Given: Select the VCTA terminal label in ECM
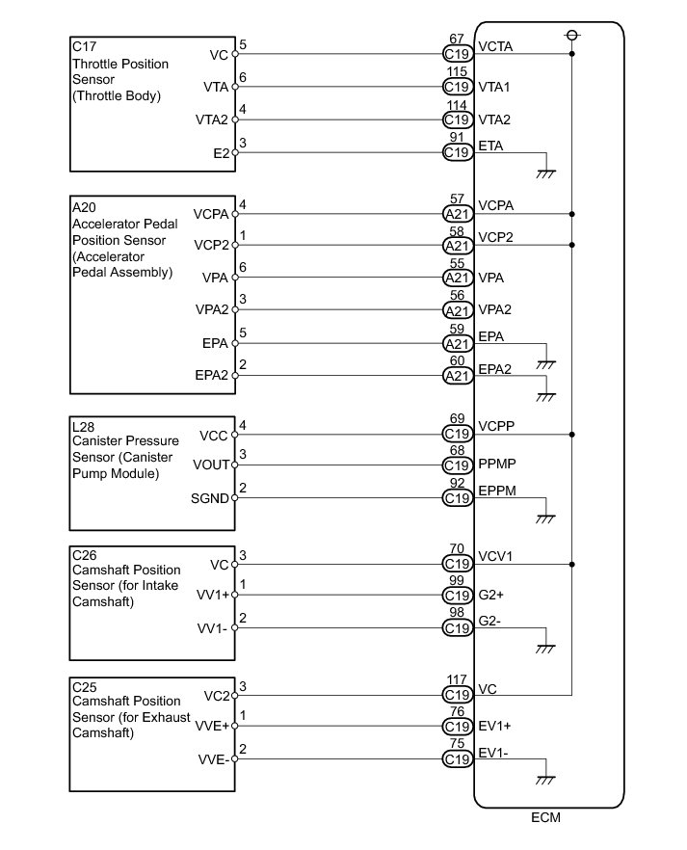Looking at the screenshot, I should pyautogui.click(x=495, y=46).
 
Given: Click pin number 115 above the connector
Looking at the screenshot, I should pyautogui.click(x=457, y=72).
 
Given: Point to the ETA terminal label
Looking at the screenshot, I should pyautogui.click(x=490, y=146).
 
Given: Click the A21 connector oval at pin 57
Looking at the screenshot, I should pyautogui.click(x=457, y=214).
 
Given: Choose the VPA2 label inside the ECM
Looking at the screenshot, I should pyautogui.click(x=494, y=310).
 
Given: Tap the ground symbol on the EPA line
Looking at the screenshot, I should pyautogui.click(x=546, y=363).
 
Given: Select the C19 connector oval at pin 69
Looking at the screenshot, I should pyautogui.click(x=457, y=434).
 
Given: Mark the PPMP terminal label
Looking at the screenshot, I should pyautogui.click(x=496, y=464).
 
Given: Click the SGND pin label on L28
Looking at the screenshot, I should pyautogui.click(x=211, y=498).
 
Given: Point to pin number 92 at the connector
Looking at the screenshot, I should pyautogui.click(x=457, y=484).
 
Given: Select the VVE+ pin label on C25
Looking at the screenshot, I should pyautogui.click(x=210, y=726).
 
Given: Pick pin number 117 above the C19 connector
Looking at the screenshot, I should pyautogui.click(x=457, y=679).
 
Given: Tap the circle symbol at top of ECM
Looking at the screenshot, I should pyautogui.click(x=572, y=35).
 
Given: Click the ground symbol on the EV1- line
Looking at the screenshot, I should pyautogui.click(x=546, y=779).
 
